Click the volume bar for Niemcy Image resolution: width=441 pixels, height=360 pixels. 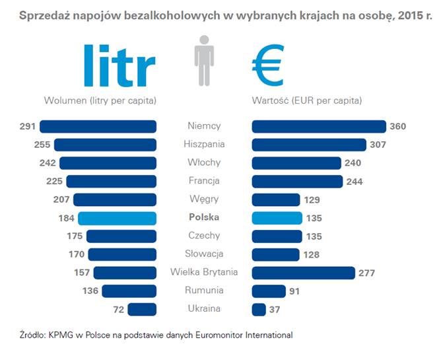98,126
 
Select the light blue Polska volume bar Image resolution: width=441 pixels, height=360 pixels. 117,217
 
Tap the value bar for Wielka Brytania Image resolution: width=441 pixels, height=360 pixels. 304,272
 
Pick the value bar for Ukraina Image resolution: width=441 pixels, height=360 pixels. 259,308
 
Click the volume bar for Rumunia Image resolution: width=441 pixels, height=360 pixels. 129,291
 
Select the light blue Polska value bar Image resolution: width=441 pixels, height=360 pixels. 277,217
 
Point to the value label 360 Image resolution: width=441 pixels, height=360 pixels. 398,127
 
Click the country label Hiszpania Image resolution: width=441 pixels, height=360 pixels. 204,144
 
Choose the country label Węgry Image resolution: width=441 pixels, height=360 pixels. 204,199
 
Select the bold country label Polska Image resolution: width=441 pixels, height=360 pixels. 204,217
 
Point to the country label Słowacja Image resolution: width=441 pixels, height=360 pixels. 204,254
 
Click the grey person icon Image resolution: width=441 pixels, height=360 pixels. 204,62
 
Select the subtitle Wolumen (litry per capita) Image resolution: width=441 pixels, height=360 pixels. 100,101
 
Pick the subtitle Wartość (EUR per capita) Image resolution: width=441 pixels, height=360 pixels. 307,101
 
